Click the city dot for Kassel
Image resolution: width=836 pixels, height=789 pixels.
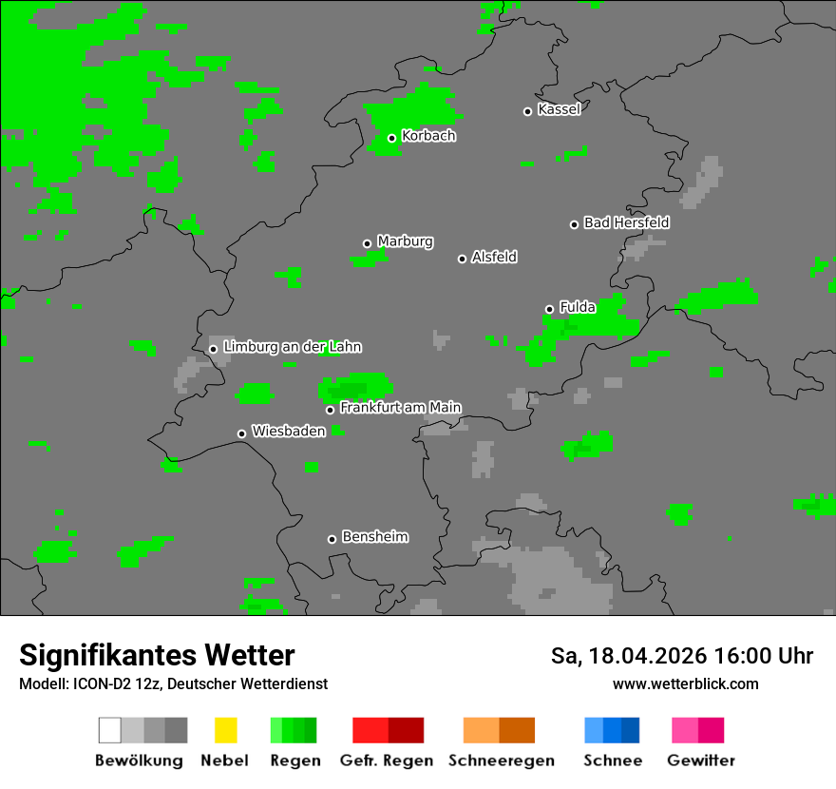tap(528, 111)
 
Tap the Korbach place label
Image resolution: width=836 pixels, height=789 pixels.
tap(428, 136)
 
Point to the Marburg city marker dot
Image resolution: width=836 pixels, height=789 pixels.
tap(367, 243)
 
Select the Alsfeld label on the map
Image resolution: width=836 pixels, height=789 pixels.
tap(494, 258)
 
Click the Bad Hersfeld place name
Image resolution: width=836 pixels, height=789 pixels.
tap(626, 222)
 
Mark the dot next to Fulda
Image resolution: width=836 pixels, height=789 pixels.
tap(549, 309)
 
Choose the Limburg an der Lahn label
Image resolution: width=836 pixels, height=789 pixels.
tap(292, 347)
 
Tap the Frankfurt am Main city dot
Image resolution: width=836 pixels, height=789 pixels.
tap(330, 410)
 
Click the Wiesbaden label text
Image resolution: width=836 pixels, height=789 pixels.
tap(288, 432)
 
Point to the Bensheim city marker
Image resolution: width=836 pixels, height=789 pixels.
tap(332, 539)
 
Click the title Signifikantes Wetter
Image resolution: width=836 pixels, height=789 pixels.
tap(157, 655)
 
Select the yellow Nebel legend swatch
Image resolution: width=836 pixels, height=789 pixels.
tap(225, 730)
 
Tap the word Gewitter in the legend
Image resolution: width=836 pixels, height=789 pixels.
tap(701, 760)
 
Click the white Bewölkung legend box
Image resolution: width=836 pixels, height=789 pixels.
tap(109, 730)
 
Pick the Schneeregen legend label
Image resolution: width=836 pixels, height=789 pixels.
tap(500, 760)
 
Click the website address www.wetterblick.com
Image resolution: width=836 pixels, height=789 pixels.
tap(685, 683)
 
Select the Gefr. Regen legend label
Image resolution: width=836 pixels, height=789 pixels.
tap(386, 760)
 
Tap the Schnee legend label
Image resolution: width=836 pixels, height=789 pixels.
tap(612, 760)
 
